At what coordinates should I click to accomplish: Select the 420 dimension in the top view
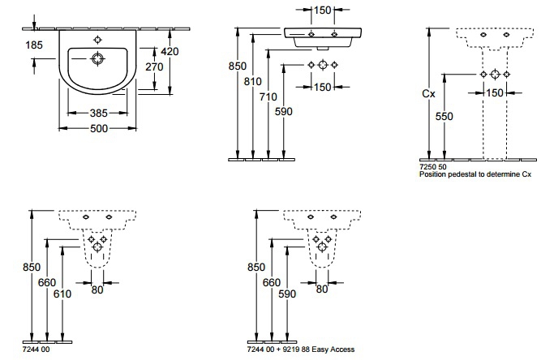click(x=169, y=50)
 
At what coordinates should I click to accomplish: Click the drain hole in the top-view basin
click(x=98, y=58)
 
